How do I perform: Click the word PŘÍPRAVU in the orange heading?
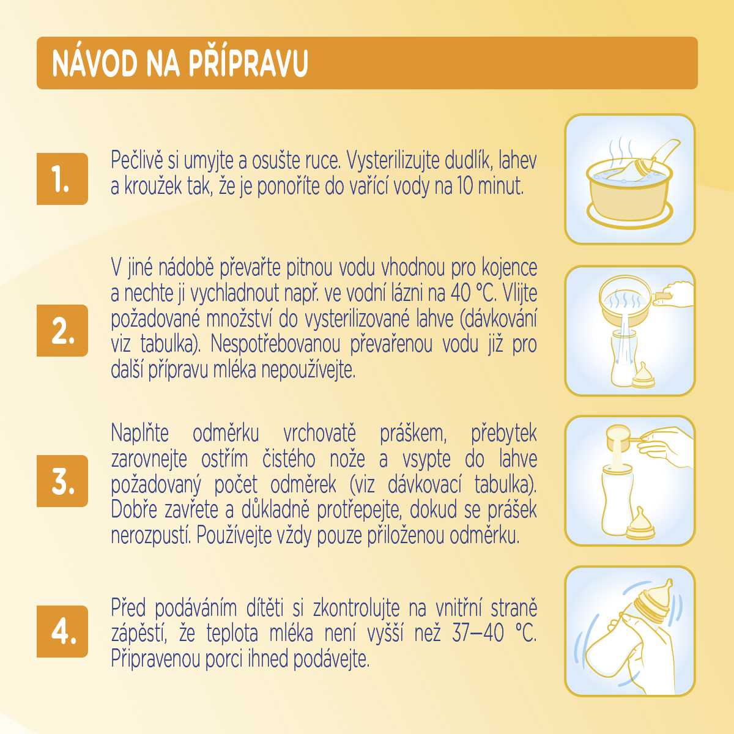(x=248, y=63)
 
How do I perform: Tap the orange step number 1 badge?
(x=62, y=179)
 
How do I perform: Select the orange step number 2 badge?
(x=62, y=330)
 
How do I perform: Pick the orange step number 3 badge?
(x=62, y=481)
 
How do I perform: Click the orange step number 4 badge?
(x=62, y=631)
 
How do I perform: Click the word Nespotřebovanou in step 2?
(x=275, y=344)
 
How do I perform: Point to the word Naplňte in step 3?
(x=140, y=433)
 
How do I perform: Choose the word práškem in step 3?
(x=413, y=434)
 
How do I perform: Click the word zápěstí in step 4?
(x=139, y=633)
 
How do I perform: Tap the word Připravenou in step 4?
(x=155, y=659)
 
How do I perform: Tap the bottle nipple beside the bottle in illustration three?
(x=640, y=524)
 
